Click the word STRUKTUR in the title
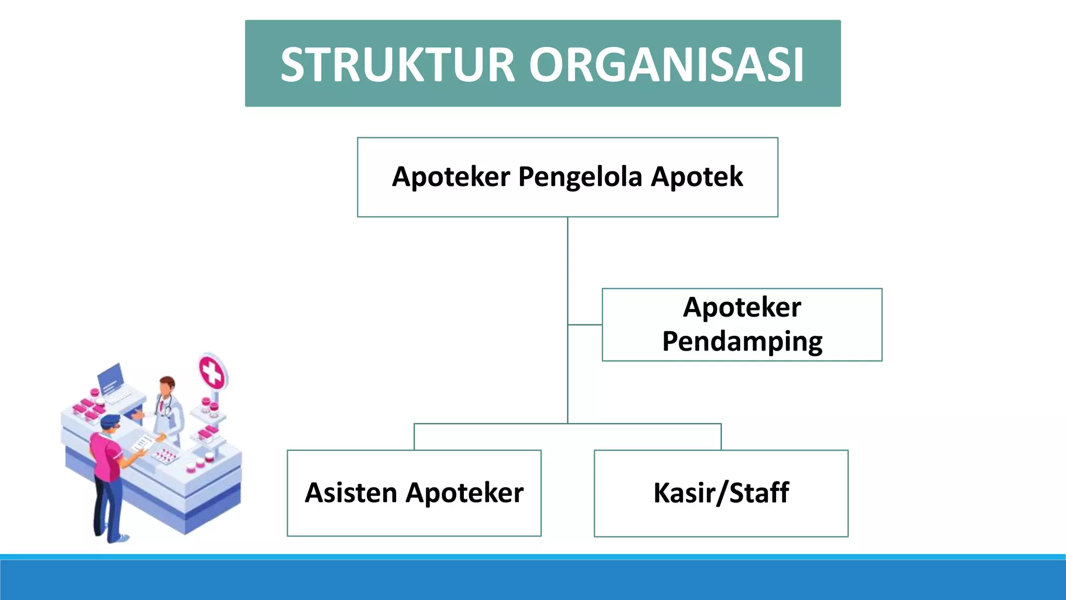(x=398, y=65)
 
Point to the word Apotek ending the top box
(x=697, y=177)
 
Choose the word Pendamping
(x=742, y=342)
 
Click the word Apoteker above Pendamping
(x=742, y=307)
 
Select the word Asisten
(x=351, y=493)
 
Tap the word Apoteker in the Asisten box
(x=465, y=493)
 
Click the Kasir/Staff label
(x=721, y=493)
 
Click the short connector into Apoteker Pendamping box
(x=585, y=324)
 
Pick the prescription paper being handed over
(x=142, y=443)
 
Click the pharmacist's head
(x=167, y=386)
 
